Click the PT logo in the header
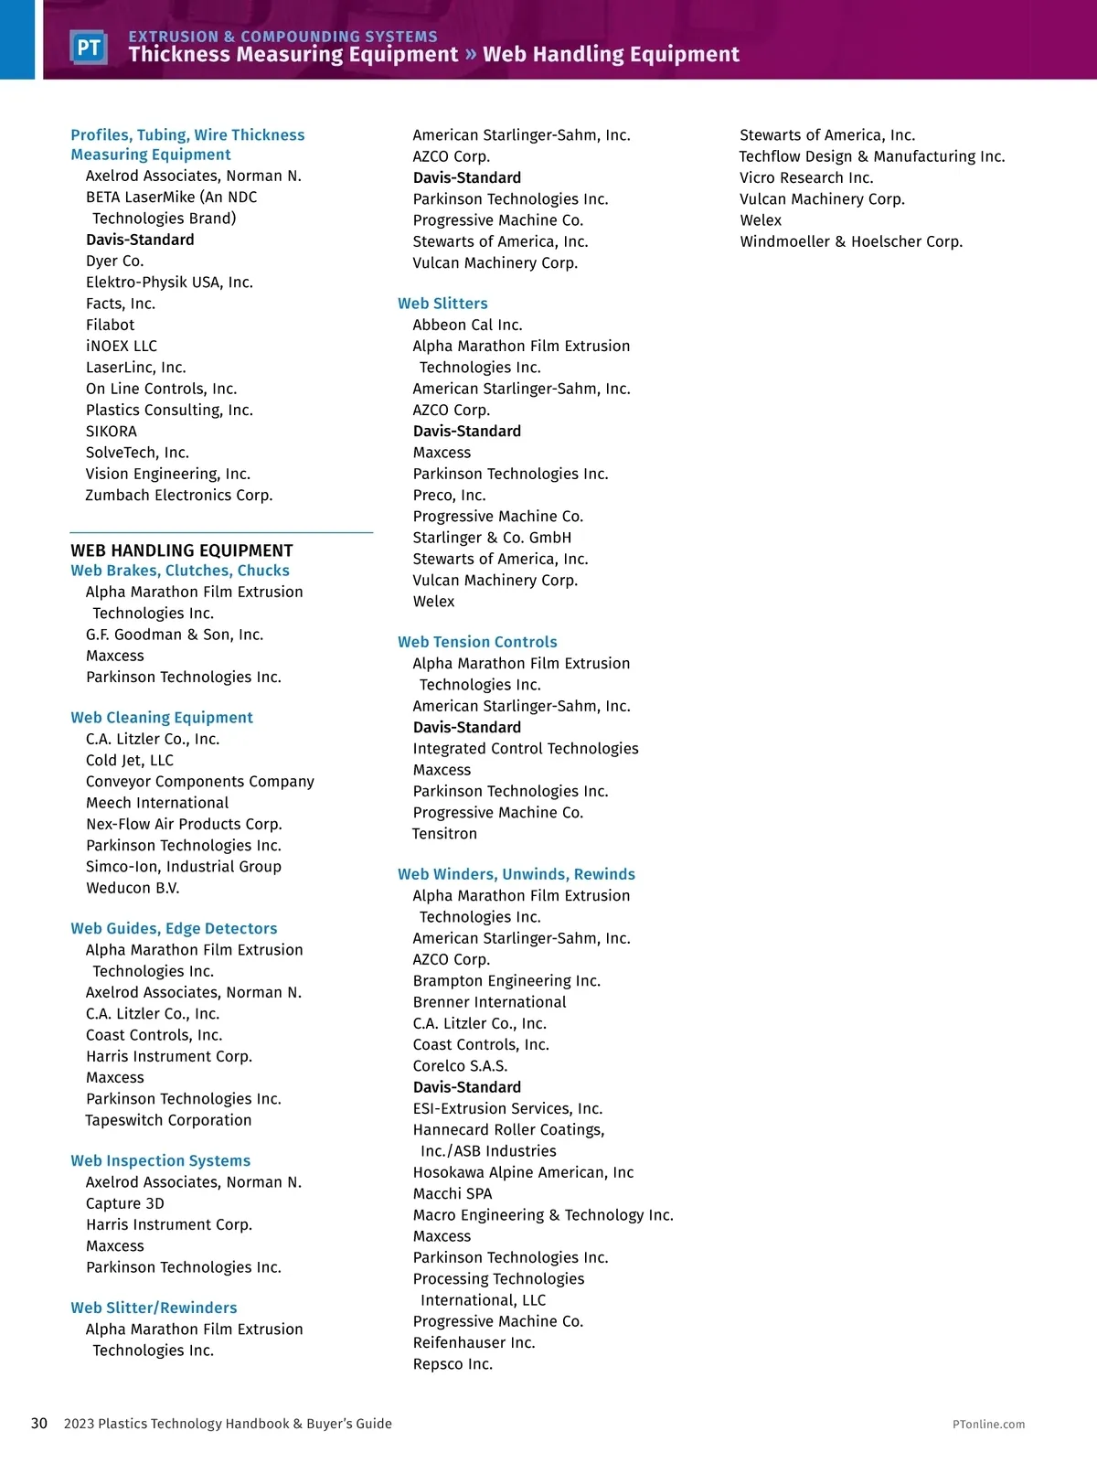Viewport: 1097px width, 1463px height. click(89, 48)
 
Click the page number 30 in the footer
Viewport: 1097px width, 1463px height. click(39, 1424)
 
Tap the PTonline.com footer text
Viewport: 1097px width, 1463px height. click(988, 1425)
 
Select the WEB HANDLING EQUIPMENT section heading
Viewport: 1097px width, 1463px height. click(182, 550)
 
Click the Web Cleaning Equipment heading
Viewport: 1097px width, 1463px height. click(162, 718)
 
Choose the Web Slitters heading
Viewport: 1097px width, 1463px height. click(442, 304)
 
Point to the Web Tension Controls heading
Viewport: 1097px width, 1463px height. click(477, 642)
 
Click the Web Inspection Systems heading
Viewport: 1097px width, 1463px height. click(160, 1160)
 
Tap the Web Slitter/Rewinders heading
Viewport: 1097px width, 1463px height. click(154, 1308)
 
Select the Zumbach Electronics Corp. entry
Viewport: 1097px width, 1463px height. click(179, 496)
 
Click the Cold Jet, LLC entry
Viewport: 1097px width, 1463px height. click(130, 761)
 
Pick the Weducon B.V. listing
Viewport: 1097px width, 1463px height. click(133, 888)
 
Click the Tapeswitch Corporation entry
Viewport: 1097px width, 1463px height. click(168, 1120)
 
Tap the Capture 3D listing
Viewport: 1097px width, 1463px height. click(125, 1203)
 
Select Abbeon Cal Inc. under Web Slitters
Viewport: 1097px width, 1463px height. click(467, 325)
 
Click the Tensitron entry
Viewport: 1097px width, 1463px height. click(444, 834)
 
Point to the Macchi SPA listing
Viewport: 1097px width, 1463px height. click(453, 1193)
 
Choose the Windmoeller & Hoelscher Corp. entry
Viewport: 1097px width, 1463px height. click(851, 241)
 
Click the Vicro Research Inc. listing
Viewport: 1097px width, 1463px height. click(806, 177)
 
